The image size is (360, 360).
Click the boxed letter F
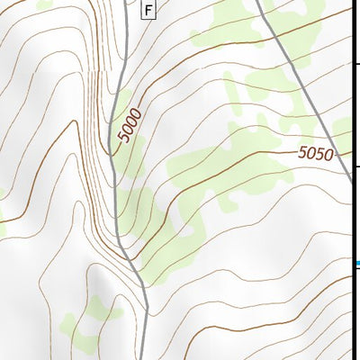pos(148,10)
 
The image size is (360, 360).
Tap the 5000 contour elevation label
pos(130,125)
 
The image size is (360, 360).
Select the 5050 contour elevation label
pos(316,154)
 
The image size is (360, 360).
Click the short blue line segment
pos(355,263)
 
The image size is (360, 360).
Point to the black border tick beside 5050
pos(355,166)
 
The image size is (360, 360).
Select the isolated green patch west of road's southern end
pos(90,319)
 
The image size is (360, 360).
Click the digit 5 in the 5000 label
pos(122,139)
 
